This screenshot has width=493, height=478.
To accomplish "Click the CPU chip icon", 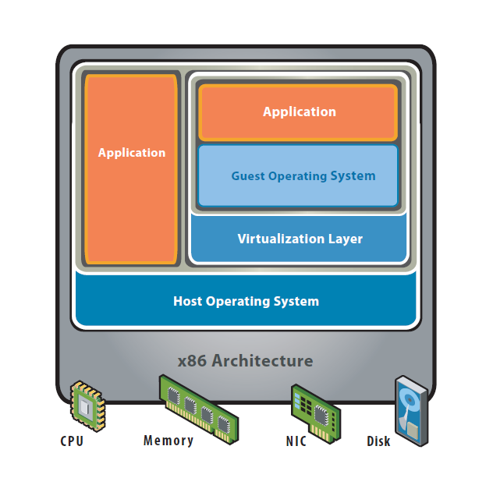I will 87,405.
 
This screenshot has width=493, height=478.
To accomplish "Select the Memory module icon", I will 199,408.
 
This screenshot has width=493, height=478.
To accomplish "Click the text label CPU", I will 72,441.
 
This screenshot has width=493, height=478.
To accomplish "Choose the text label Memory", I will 168,441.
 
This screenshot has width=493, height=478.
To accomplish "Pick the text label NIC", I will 297,441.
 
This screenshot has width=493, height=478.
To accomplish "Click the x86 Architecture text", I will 246,361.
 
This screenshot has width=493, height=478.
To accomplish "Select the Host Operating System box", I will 246,301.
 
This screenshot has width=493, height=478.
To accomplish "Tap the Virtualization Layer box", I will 300,239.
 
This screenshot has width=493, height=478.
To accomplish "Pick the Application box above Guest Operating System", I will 299,112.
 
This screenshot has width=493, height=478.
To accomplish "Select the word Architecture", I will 262,361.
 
